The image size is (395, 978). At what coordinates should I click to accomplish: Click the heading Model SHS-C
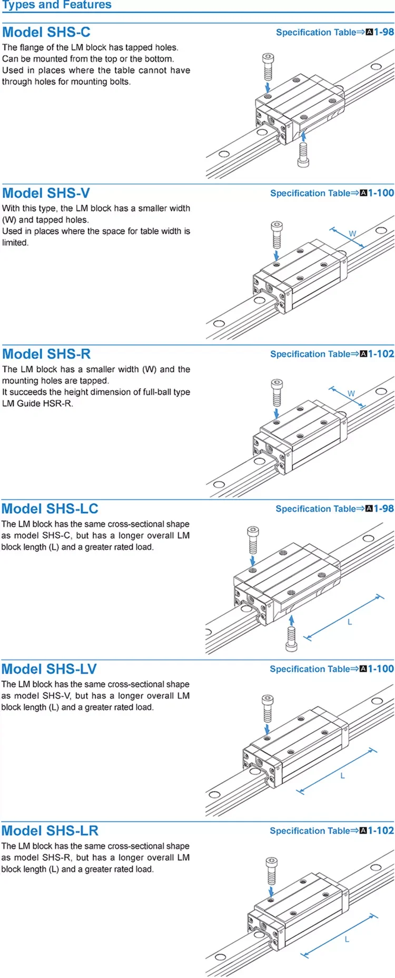(x=46, y=32)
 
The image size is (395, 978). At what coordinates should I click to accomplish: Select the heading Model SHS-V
(x=46, y=193)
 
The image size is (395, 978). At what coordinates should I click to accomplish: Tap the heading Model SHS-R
(x=46, y=354)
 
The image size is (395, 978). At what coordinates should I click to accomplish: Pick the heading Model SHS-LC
(x=50, y=508)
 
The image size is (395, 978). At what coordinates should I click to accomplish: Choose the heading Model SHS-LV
(x=49, y=669)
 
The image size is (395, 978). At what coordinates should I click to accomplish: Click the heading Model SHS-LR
(x=50, y=831)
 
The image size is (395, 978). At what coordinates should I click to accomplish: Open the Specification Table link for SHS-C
(x=334, y=32)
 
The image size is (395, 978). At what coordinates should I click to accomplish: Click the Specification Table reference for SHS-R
(x=332, y=354)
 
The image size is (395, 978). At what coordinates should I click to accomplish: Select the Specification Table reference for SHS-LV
(x=332, y=669)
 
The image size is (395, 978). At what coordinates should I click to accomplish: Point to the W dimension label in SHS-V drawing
(x=352, y=233)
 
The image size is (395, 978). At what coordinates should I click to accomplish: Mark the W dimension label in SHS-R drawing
(x=351, y=393)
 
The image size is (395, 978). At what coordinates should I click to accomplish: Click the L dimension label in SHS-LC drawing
(x=349, y=622)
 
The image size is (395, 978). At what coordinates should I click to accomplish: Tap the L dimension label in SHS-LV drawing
(x=342, y=775)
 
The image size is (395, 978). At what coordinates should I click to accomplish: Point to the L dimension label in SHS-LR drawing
(x=347, y=939)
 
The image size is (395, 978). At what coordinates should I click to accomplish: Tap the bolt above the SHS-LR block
(x=271, y=871)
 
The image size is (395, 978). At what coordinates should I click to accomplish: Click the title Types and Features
(x=57, y=5)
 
